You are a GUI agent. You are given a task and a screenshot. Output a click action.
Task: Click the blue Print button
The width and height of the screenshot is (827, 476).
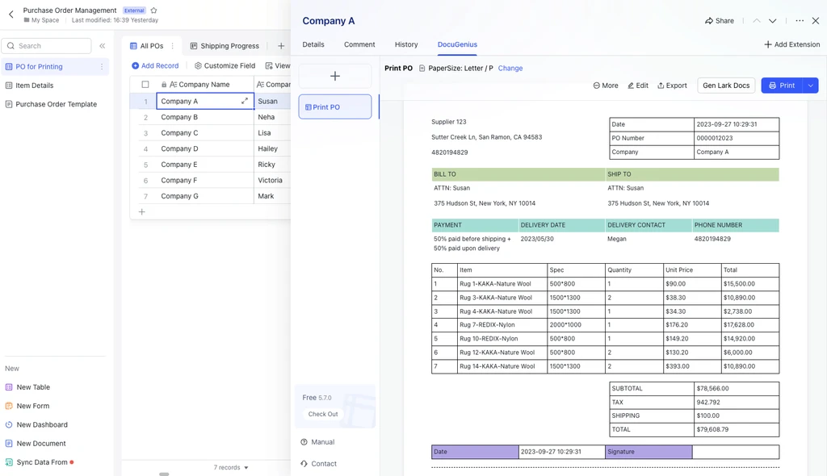782,86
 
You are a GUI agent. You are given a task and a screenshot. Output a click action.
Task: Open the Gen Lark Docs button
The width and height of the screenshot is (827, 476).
726,86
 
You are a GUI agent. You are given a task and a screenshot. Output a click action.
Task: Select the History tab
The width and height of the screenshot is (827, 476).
406,44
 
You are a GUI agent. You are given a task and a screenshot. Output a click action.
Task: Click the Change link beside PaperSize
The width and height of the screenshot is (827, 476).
510,68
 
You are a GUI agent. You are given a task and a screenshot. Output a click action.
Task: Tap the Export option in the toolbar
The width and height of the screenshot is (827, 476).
672,86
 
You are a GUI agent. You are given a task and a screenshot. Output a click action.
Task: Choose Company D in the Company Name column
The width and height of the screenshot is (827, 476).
180,148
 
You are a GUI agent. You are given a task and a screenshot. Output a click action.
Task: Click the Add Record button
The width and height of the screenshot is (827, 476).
155,65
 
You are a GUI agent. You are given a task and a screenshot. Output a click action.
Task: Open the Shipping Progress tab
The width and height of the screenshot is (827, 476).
225,46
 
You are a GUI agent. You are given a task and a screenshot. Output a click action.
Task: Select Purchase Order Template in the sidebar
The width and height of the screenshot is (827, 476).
56,104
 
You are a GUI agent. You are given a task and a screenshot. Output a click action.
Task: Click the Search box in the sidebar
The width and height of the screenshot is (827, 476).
46,46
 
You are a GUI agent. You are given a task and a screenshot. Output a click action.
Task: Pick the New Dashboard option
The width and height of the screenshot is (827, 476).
42,424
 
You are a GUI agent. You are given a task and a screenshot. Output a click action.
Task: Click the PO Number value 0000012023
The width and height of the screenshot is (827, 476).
714,138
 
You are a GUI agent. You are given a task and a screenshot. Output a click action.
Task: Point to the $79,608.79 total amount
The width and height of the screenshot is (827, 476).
712,429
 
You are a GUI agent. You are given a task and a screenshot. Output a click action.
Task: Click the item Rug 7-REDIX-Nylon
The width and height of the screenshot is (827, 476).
487,324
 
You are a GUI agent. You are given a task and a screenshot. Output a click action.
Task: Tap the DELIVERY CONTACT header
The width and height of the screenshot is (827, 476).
636,225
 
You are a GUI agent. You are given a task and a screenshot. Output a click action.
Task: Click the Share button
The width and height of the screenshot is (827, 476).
720,20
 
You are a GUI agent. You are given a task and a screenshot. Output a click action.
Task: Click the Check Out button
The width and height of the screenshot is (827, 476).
323,414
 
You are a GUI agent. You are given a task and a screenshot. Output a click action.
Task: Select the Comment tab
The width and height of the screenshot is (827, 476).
359,44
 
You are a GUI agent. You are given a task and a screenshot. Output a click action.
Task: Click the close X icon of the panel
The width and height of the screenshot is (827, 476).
816,20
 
